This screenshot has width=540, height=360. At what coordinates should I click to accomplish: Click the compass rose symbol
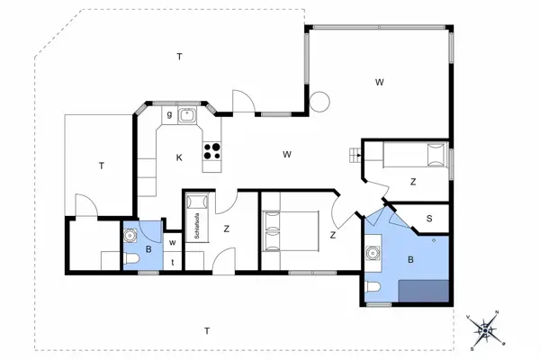486,330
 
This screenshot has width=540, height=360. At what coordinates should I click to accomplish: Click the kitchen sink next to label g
187,115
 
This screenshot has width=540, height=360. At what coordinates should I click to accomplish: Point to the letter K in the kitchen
179,158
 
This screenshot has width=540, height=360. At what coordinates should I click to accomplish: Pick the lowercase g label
168,115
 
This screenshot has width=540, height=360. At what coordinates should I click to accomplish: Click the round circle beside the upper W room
321,101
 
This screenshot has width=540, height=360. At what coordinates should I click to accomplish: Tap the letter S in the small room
429,218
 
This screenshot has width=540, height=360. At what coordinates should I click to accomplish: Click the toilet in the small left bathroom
132,260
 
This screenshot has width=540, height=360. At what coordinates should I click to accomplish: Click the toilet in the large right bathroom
373,287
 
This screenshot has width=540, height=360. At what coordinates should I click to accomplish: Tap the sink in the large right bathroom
373,254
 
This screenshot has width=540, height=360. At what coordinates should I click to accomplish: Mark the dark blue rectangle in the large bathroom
423,291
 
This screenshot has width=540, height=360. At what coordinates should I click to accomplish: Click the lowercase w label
171,242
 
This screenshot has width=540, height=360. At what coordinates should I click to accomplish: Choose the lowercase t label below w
171,262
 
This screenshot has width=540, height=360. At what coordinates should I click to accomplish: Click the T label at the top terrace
179,58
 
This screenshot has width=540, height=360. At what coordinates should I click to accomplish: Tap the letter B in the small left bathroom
148,248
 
